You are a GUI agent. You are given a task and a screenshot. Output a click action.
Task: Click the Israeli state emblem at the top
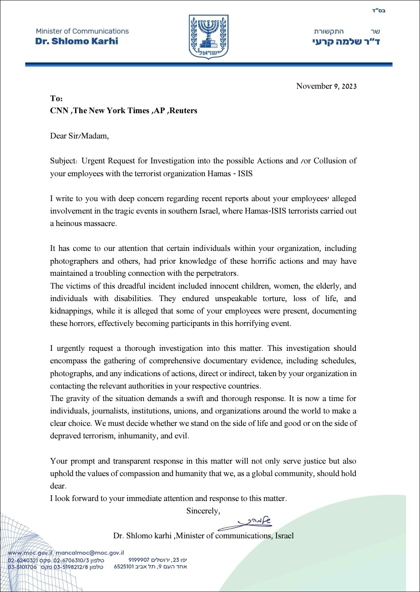pos(208,37)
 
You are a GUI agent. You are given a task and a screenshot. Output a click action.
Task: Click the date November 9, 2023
pos(326,86)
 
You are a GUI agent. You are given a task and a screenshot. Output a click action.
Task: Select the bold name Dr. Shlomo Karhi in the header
pos(77,41)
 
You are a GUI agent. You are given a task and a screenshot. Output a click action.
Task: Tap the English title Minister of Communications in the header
pos(82,31)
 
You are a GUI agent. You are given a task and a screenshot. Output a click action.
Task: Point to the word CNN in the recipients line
pos(59,110)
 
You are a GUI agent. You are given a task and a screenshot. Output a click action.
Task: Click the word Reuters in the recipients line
pos(183,110)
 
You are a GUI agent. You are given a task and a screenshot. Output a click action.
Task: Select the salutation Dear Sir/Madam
pos(79,136)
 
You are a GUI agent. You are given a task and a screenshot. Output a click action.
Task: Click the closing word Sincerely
pos(203,511)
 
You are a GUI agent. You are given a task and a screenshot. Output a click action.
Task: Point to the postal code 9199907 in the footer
pos(139,560)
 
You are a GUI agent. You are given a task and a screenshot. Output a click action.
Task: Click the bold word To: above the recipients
pos(56,98)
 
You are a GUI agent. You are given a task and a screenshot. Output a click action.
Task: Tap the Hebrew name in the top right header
pos(346,42)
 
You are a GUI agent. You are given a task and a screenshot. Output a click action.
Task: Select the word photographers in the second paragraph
pos(74,261)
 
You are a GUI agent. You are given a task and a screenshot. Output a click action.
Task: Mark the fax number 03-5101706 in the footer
pos(22,567)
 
